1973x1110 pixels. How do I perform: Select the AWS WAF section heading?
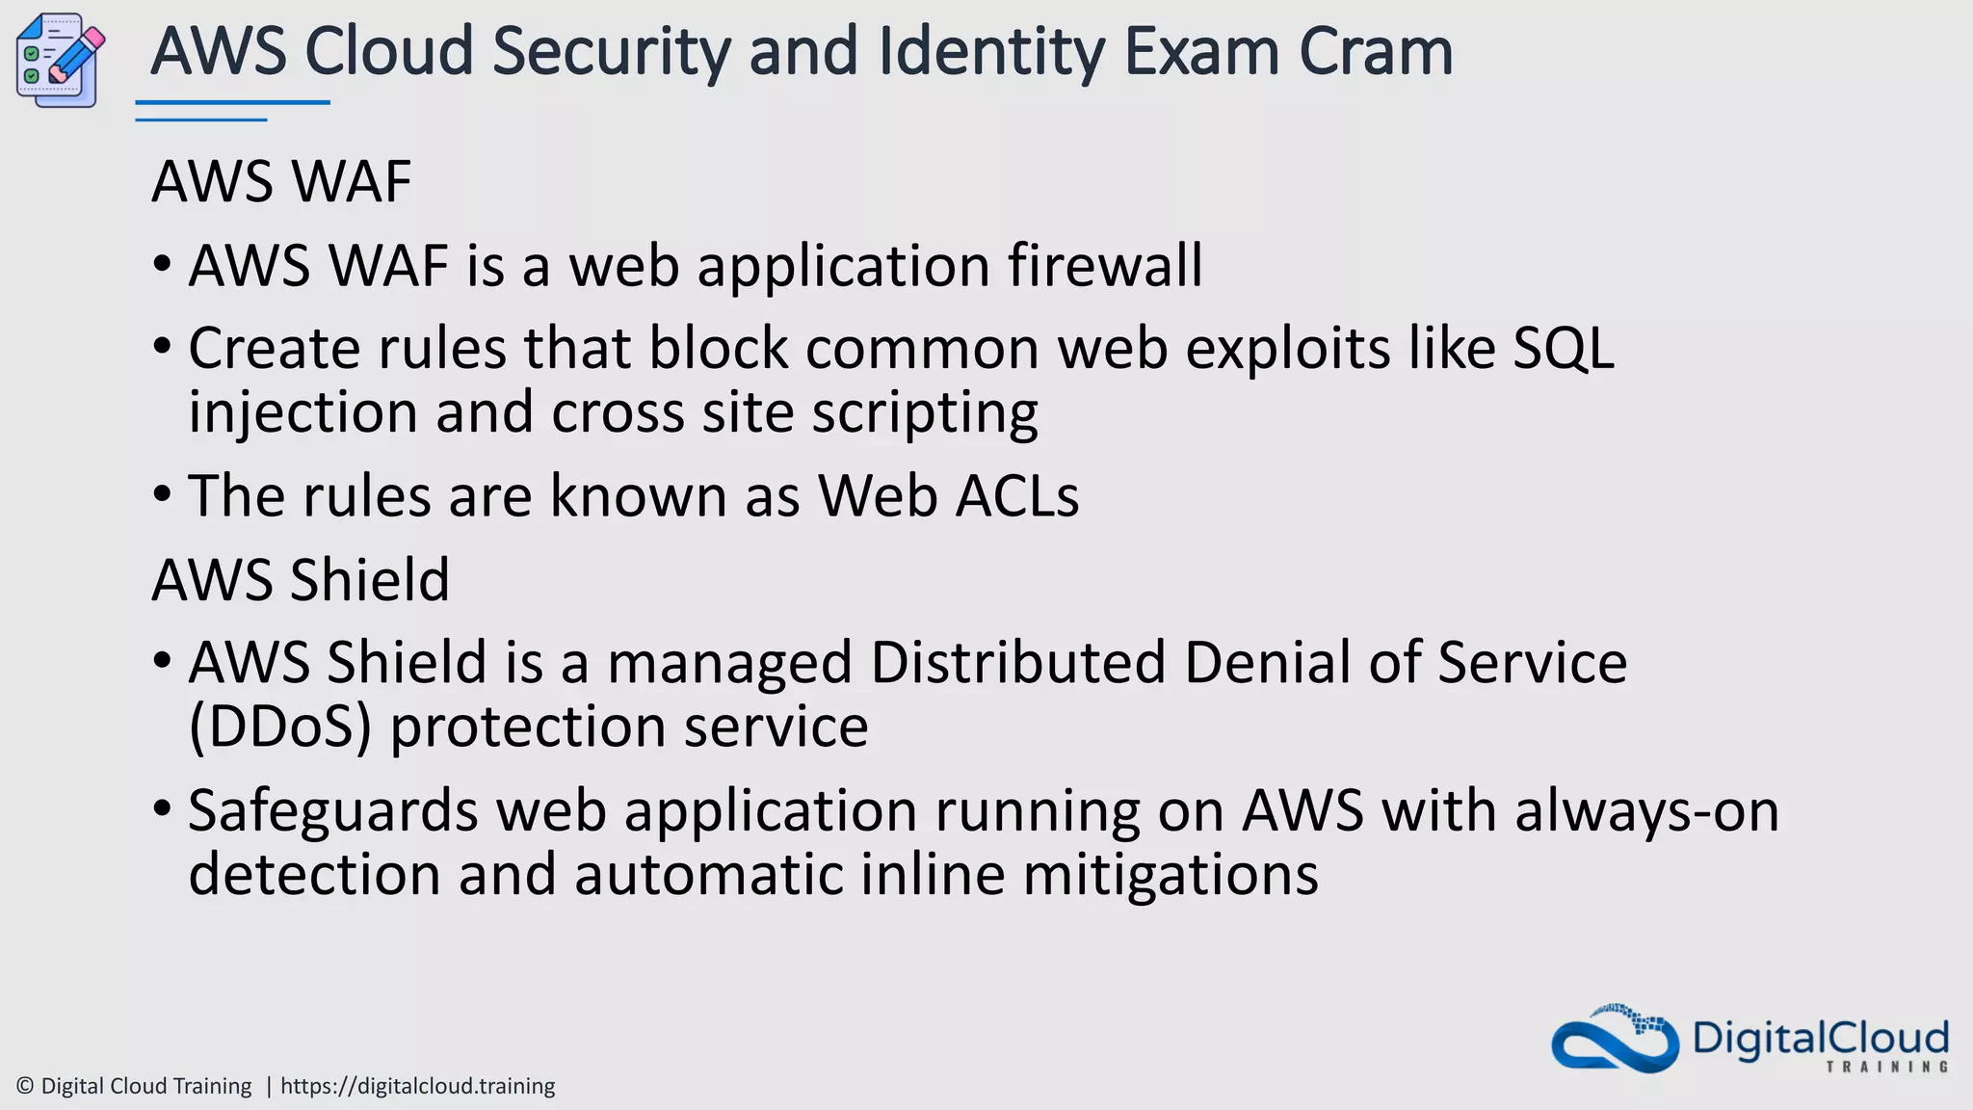coord(281,181)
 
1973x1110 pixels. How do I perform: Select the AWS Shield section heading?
coord(301,580)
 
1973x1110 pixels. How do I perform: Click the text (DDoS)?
coord(279,727)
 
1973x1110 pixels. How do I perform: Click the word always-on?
coord(1646,811)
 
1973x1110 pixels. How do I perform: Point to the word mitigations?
coord(1170,875)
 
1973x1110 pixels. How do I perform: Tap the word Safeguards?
coord(332,811)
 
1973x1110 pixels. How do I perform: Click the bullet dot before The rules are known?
coord(162,495)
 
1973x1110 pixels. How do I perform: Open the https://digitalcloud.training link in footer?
coord(417,1086)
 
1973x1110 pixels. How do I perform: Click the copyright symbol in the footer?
coord(26,1086)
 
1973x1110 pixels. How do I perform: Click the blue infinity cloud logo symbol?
coord(1615,1040)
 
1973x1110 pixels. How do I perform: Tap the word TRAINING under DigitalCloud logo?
coord(1886,1067)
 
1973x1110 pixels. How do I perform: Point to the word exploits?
coord(1287,348)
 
